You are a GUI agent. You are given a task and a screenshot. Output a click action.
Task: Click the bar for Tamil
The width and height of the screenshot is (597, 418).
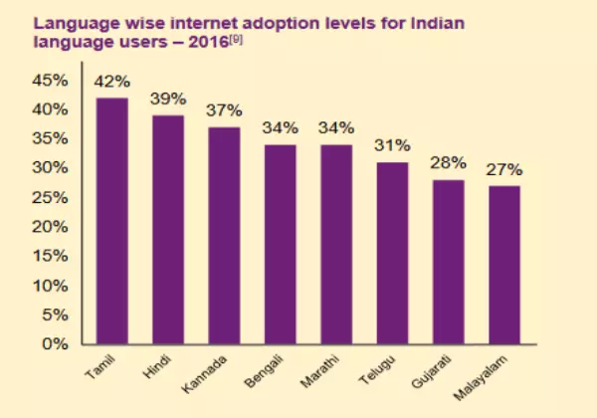pos(111,221)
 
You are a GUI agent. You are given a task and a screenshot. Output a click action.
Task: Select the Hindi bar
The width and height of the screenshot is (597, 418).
pos(168,230)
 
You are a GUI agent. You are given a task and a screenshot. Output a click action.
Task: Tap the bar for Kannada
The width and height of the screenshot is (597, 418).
pos(224,236)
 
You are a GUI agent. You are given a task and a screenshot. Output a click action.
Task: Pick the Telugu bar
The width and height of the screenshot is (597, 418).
pos(393,253)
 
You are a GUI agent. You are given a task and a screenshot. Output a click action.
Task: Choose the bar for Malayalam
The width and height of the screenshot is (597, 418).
pos(505,265)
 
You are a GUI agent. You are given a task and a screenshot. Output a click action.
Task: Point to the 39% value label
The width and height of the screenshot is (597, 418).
pos(168,100)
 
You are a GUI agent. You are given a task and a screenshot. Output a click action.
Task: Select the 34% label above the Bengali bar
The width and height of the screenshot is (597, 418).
pos(281,128)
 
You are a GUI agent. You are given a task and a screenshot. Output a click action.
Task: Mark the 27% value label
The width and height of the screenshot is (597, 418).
pos(505,170)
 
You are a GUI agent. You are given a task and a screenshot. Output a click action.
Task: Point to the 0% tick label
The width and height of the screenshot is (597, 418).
pos(53,344)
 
